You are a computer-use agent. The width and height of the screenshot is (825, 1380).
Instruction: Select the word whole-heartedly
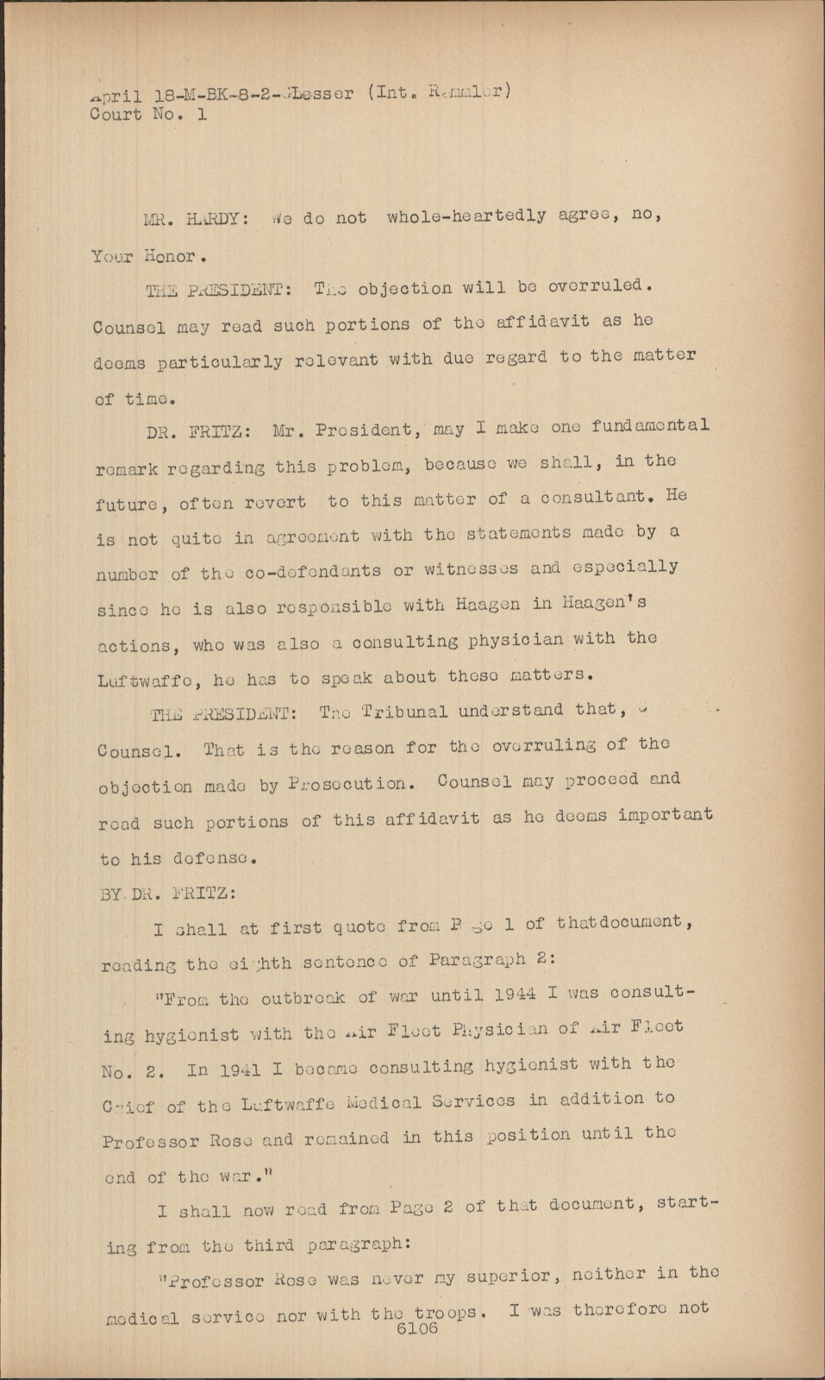(466, 216)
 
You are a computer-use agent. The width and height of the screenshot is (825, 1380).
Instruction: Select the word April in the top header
(113, 97)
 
